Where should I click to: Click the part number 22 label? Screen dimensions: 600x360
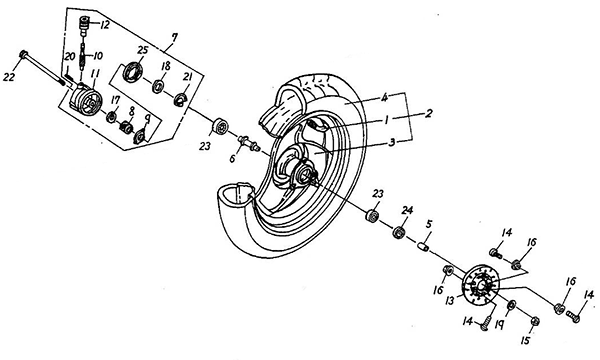pyautogui.click(x=9, y=77)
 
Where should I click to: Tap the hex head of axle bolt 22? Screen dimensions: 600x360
pyautogui.click(x=23, y=54)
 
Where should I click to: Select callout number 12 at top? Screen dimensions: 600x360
pyautogui.click(x=105, y=25)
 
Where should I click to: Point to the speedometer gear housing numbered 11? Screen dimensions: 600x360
pyautogui.click(x=86, y=98)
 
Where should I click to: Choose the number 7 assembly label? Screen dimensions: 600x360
pyautogui.click(x=174, y=37)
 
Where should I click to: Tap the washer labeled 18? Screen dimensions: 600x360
pyautogui.click(x=158, y=86)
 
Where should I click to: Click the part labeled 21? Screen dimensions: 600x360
pyautogui.click(x=179, y=100)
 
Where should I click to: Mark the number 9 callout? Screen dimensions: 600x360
pyautogui.click(x=147, y=121)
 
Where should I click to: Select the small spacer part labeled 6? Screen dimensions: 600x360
pyautogui.click(x=249, y=143)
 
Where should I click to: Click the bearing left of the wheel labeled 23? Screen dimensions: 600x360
pyautogui.click(x=220, y=127)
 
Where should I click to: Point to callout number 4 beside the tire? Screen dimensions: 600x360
pyautogui.click(x=385, y=98)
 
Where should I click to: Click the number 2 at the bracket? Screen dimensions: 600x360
pyautogui.click(x=429, y=113)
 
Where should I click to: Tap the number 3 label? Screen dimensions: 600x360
pyautogui.click(x=391, y=143)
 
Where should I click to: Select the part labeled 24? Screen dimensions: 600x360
pyautogui.click(x=399, y=232)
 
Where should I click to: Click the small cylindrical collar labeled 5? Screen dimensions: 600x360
pyautogui.click(x=423, y=247)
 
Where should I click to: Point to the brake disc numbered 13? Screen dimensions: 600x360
pyautogui.click(x=480, y=285)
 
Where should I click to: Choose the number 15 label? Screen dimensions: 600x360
pyautogui.click(x=526, y=340)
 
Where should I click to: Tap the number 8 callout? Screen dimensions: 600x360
pyautogui.click(x=132, y=112)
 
